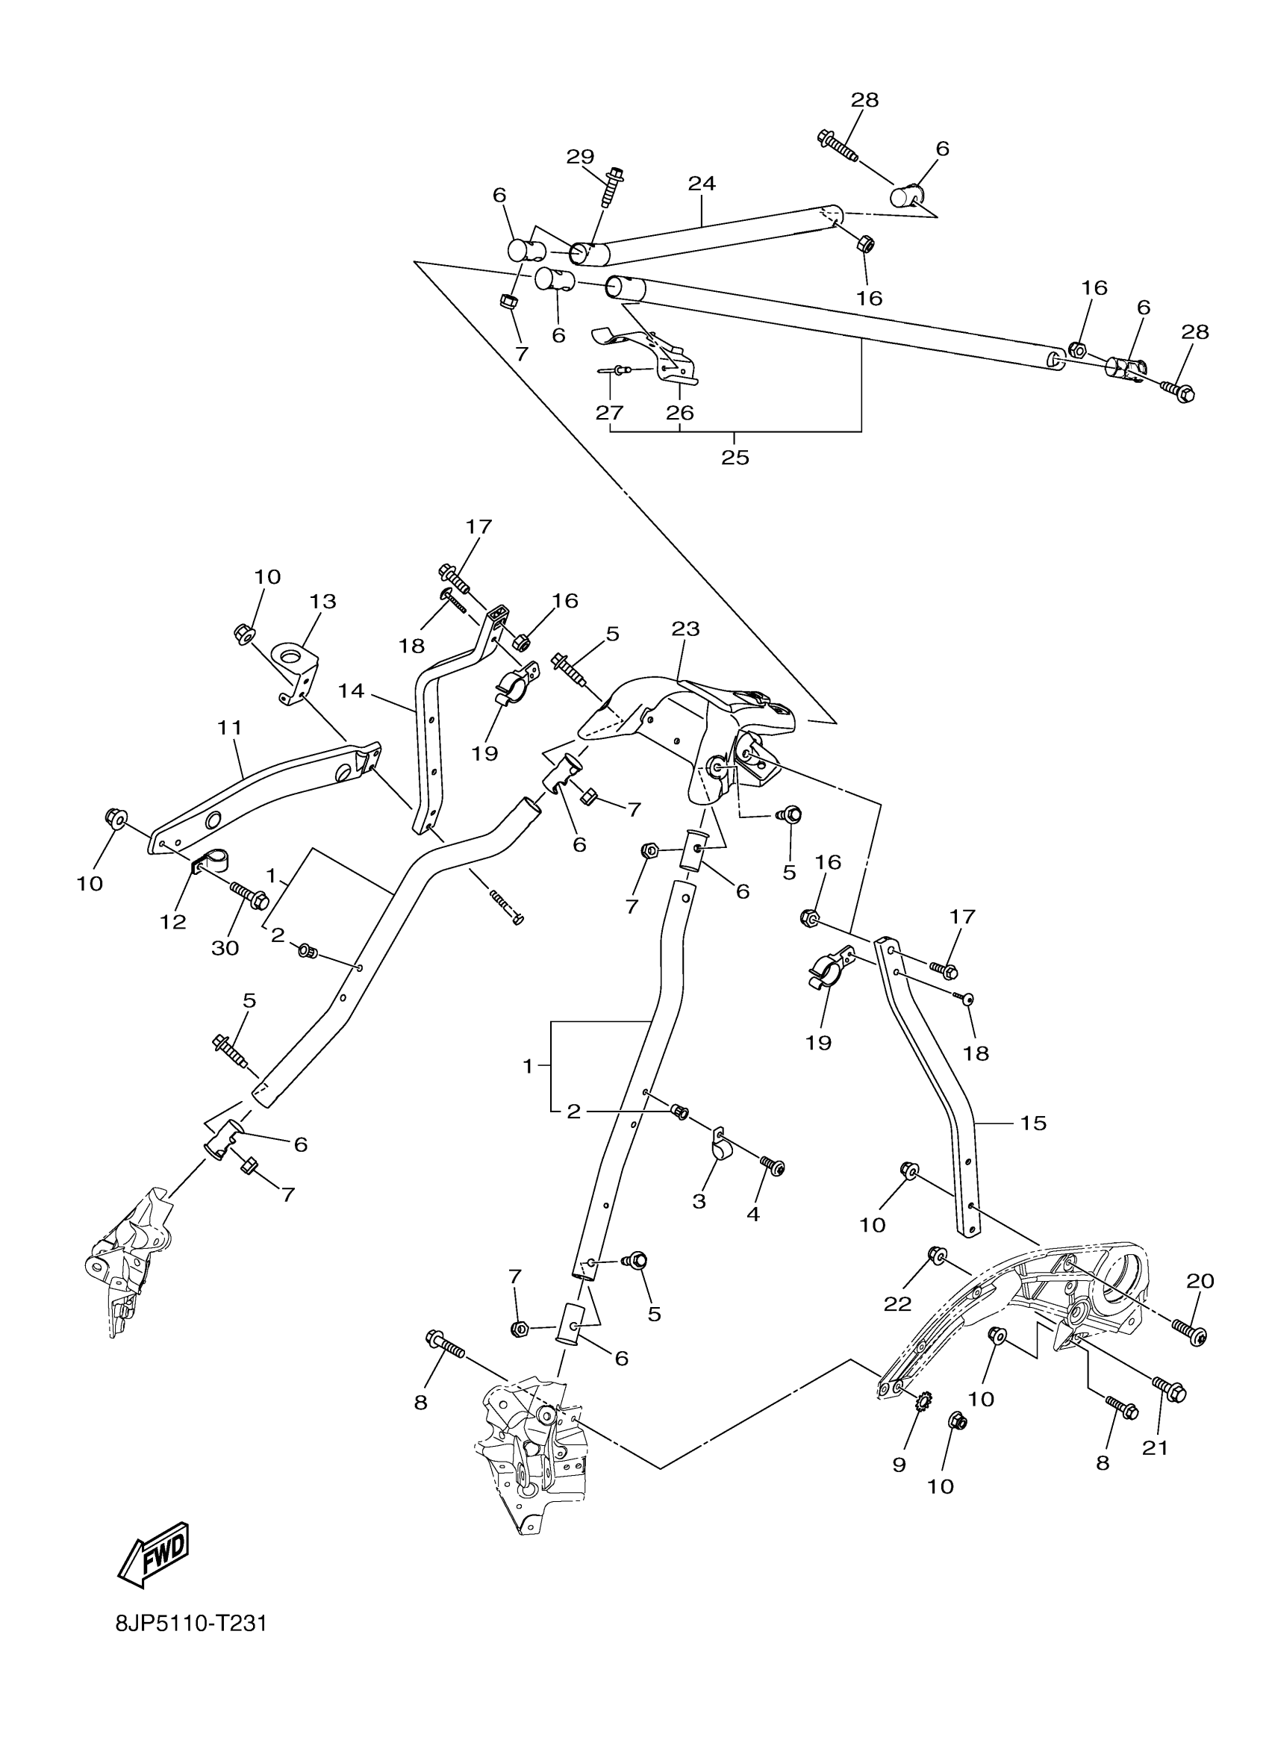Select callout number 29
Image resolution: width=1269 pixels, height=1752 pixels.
tap(580, 157)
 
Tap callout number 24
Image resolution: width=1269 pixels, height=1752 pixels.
tap(702, 183)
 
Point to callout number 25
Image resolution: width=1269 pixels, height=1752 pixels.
tap(735, 458)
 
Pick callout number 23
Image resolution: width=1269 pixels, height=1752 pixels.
tap(685, 629)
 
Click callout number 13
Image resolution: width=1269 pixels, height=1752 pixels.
tap(323, 601)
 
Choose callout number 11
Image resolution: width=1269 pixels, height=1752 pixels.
tap(230, 727)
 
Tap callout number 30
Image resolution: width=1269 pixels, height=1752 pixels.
tap(225, 948)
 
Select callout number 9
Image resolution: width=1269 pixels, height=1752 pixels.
tap(899, 1465)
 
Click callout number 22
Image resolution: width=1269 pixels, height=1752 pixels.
tap(898, 1304)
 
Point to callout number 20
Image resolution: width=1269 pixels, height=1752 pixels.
tap(1200, 1281)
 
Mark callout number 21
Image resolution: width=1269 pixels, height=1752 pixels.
tap(1156, 1447)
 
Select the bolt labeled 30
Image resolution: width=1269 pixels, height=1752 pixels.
tap(249, 896)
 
